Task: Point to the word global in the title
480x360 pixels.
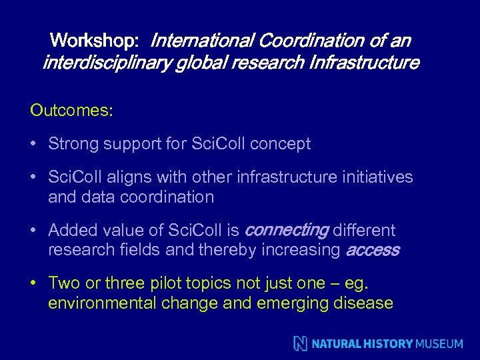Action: click(x=198, y=63)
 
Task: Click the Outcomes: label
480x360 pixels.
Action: click(x=71, y=111)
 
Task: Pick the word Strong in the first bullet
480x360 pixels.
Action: click(x=72, y=144)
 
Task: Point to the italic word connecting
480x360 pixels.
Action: click(x=286, y=231)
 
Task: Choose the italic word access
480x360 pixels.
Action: click(x=372, y=251)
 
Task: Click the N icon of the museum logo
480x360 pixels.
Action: click(x=301, y=344)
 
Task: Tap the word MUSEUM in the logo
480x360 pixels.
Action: click(x=439, y=344)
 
